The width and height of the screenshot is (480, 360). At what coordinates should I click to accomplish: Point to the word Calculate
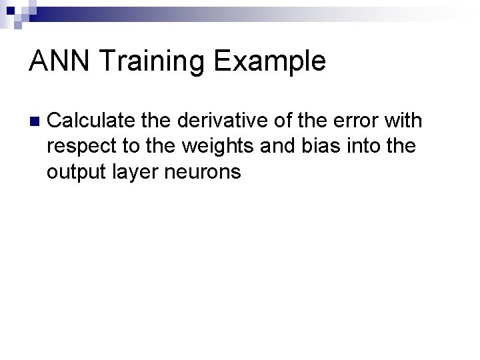tap(91, 121)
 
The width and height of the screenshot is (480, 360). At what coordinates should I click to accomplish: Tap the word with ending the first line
tap(403, 121)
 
